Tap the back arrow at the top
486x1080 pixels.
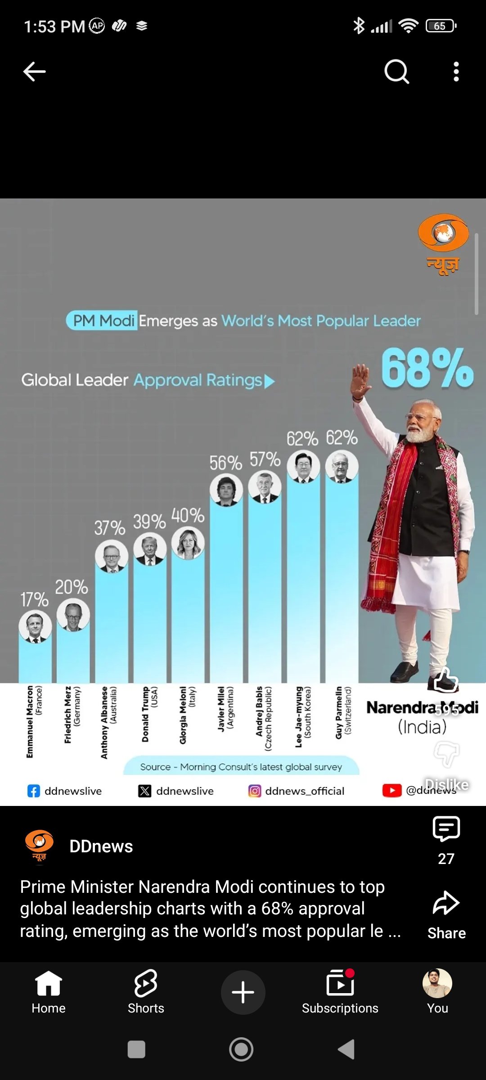34,72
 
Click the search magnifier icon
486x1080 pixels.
396,72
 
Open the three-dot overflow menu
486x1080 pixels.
456,72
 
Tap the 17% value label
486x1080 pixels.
34,599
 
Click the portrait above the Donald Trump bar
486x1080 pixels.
150,549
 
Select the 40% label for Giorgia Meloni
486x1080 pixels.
188,516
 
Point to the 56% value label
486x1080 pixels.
225,463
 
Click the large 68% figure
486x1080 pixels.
427,368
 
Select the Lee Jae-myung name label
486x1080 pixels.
302,716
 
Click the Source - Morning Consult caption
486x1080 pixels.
241,766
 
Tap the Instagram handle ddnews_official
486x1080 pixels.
305,791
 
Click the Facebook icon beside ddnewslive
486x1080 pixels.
34,791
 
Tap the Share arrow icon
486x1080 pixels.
446,902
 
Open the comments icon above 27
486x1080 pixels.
446,828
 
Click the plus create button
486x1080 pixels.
243,992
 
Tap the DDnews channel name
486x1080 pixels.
101,846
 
